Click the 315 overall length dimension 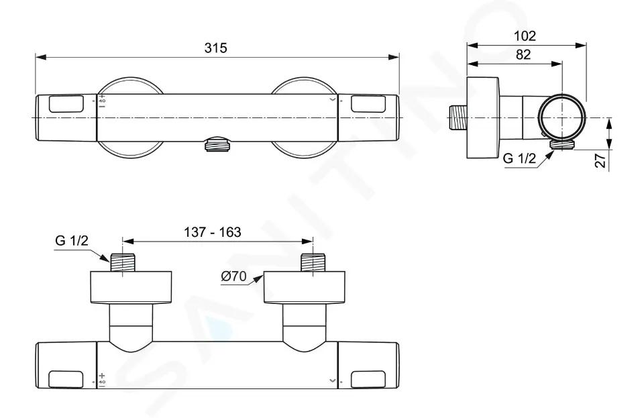pyautogui.click(x=215, y=48)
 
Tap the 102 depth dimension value pyautogui.click(x=525, y=36)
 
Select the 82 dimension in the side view pyautogui.click(x=523, y=54)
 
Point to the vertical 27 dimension pyautogui.click(x=601, y=160)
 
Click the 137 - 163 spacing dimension pyautogui.click(x=213, y=232)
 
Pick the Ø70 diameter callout pyautogui.click(x=233, y=276)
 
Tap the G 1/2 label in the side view pyautogui.click(x=519, y=158)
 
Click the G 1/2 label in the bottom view pyautogui.click(x=72, y=240)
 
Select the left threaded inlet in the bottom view pyautogui.click(x=122, y=262)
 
